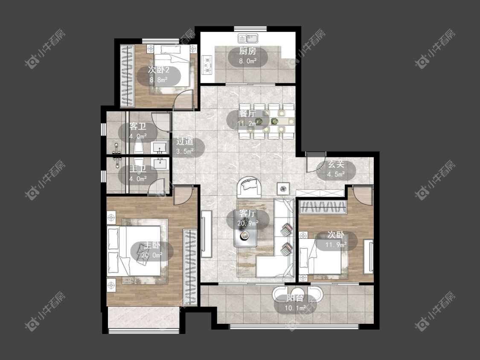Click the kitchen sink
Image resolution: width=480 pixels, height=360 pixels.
click(248, 38)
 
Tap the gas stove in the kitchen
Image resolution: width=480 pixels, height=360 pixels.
click(207, 64)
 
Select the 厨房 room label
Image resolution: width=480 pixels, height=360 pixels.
click(247, 51)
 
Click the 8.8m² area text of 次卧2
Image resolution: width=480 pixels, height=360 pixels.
click(159, 80)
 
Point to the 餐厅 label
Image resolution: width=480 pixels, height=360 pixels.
click(247, 113)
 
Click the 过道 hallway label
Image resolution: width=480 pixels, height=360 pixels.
click(185, 141)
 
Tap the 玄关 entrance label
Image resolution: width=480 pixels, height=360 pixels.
click(336, 164)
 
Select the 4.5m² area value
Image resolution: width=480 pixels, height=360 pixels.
click(336, 174)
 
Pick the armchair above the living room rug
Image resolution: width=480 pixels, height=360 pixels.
click(249, 187)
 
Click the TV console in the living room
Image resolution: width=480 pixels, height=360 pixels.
click(207, 234)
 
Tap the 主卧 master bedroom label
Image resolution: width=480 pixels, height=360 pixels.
click(152, 245)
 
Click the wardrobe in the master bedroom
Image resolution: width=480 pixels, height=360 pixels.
click(190, 267)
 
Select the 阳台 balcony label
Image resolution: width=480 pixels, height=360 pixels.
click(295, 298)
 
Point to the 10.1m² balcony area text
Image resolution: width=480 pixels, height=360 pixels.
click(295, 308)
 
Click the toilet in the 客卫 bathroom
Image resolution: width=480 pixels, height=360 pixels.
click(139, 146)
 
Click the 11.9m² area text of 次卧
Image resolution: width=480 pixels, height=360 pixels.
click(336, 244)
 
